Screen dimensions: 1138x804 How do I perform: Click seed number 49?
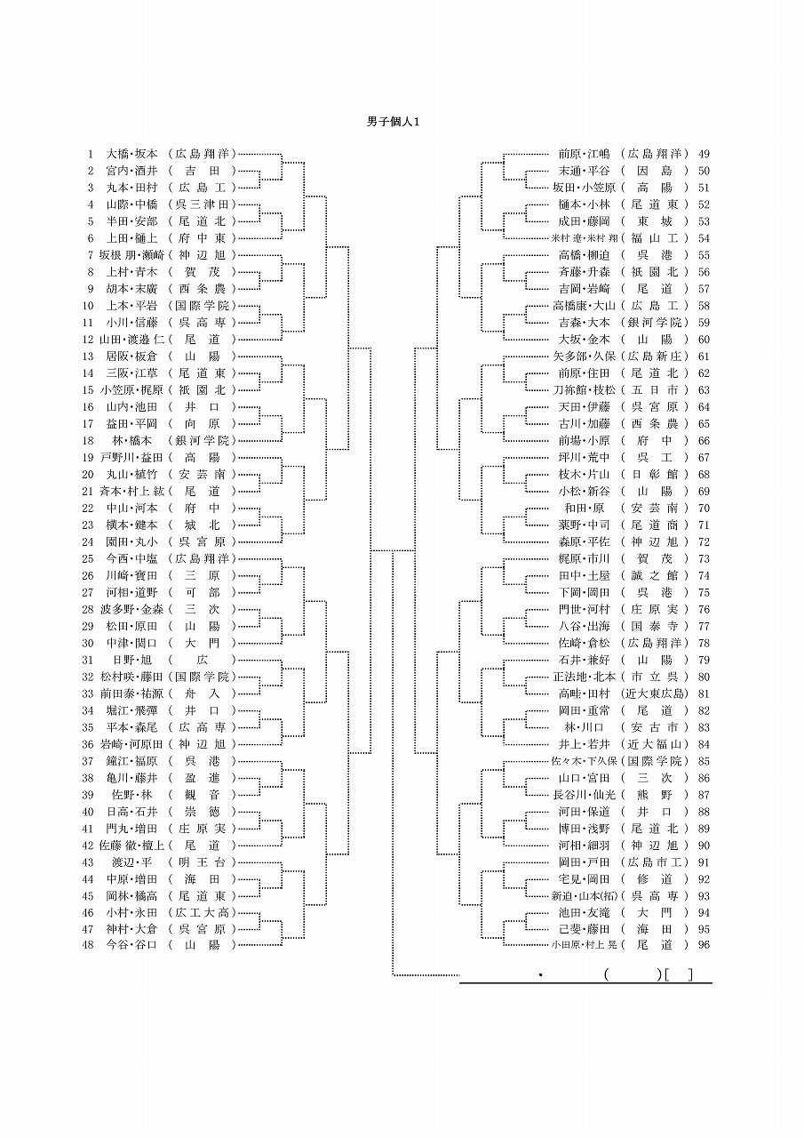[704, 154]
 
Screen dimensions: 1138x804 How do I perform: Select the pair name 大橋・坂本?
[131, 154]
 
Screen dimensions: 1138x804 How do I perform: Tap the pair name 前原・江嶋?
[585, 154]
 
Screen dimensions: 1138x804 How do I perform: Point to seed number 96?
[704, 944]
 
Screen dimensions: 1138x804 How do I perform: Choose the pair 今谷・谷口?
[131, 944]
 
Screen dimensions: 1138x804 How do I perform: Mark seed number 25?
[87, 558]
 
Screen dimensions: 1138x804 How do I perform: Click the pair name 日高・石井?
[131, 811]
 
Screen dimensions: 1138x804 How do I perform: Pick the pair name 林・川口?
[585, 727]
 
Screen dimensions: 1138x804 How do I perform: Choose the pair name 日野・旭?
[131, 660]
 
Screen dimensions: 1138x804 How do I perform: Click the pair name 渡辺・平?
[131, 862]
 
